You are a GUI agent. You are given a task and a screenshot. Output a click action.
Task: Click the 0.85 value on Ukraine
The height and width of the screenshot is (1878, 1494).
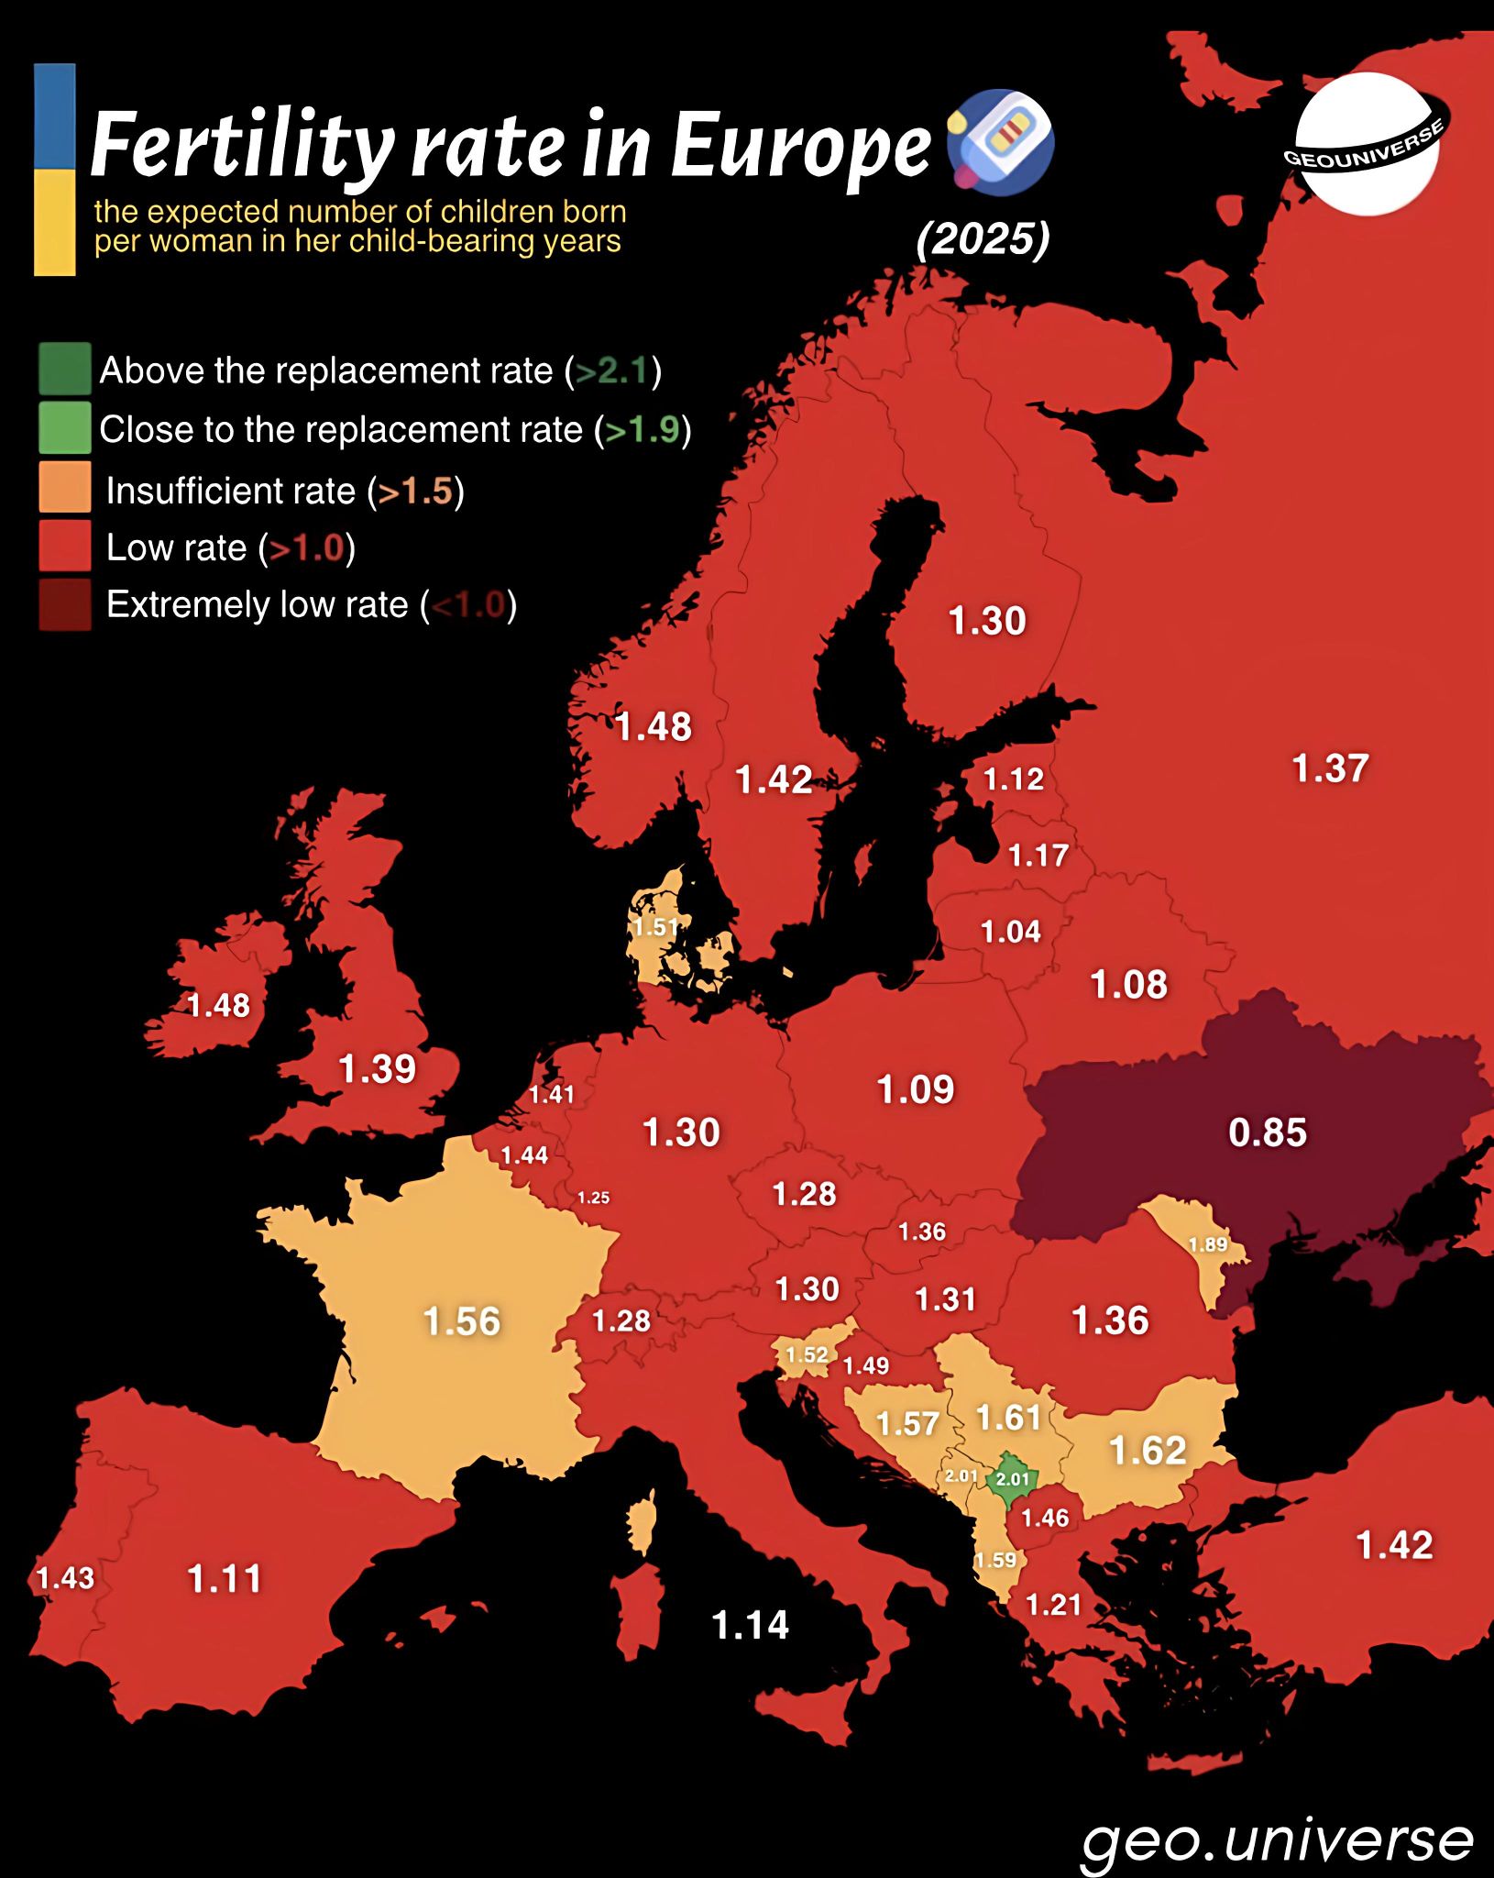pyautogui.click(x=1267, y=1132)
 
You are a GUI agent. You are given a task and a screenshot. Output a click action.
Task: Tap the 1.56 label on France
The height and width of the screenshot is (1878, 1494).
pyautogui.click(x=461, y=1321)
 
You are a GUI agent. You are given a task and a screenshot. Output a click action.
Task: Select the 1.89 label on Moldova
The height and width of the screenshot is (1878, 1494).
pyautogui.click(x=1207, y=1244)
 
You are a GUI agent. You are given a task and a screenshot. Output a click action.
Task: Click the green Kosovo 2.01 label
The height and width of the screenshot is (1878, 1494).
pyautogui.click(x=1013, y=1478)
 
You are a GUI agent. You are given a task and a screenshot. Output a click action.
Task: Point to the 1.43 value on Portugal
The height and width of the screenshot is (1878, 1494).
pyautogui.click(x=65, y=1578)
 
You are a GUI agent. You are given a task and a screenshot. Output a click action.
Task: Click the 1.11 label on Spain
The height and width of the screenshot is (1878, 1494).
pyautogui.click(x=225, y=1579)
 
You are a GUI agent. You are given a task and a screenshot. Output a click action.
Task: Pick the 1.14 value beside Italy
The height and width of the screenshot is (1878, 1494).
pyautogui.click(x=750, y=1625)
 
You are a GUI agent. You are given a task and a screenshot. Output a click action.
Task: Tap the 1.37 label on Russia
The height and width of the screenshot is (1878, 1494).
pyautogui.click(x=1330, y=768)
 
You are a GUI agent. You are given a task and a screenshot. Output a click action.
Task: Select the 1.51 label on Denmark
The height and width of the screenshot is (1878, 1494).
pyautogui.click(x=656, y=927)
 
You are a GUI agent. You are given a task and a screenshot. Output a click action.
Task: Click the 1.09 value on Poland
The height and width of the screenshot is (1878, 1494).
pyautogui.click(x=915, y=1089)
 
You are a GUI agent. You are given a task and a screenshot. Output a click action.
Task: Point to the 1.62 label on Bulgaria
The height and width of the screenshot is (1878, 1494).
pyautogui.click(x=1148, y=1450)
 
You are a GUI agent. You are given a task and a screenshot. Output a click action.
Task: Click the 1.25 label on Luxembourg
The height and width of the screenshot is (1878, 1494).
pyautogui.click(x=593, y=1198)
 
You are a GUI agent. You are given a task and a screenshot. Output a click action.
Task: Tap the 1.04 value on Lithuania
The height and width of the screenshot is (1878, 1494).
pyautogui.click(x=1010, y=932)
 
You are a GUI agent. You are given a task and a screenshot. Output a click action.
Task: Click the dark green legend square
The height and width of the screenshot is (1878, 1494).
pyautogui.click(x=65, y=369)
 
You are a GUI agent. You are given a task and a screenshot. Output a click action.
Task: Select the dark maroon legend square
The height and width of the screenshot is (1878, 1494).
pyautogui.click(x=65, y=604)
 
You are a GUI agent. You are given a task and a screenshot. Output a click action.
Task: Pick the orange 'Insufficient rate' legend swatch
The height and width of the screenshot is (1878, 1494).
pyautogui.click(x=65, y=487)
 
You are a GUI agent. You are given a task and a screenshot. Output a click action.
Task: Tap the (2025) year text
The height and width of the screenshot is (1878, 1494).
pyautogui.click(x=983, y=239)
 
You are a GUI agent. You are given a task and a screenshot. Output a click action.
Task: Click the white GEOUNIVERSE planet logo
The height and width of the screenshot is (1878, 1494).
pyautogui.click(x=1367, y=145)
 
